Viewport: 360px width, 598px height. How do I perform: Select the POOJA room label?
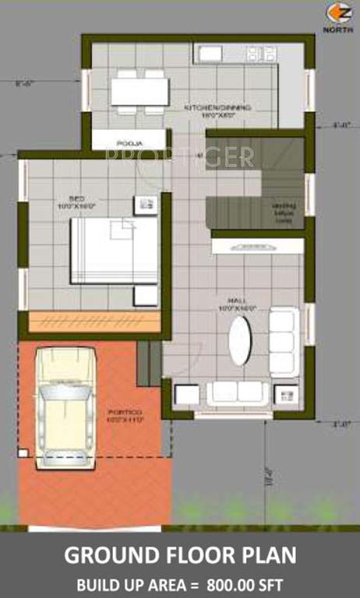pos(129,143)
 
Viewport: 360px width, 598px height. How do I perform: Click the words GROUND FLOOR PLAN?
pos(180,556)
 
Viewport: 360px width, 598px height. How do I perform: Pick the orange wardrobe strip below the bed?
pos(94,321)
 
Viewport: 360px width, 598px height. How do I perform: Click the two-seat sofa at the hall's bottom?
pos(238,392)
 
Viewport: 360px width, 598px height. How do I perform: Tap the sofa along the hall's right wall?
pos(283,341)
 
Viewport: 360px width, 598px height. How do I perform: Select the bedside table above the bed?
pos(145,205)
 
